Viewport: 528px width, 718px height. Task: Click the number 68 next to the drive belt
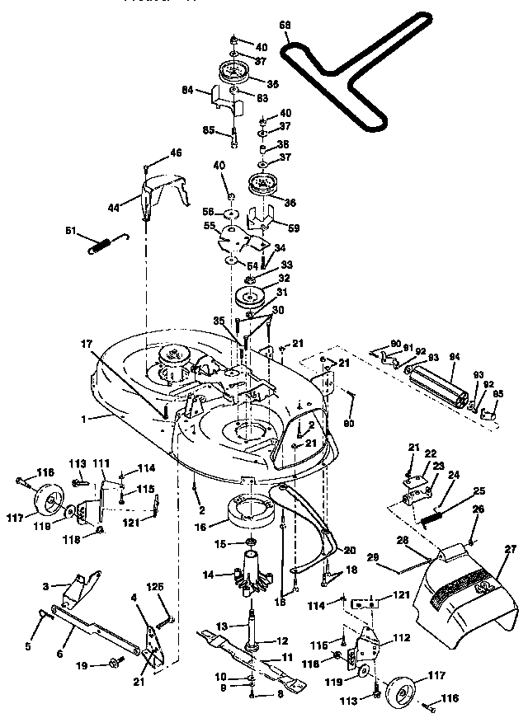[x=285, y=26]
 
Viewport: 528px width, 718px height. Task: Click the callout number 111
[x=101, y=462]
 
